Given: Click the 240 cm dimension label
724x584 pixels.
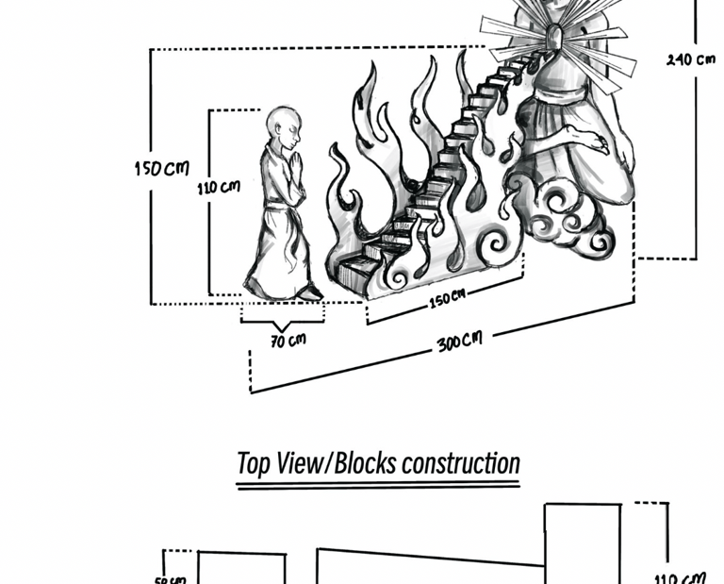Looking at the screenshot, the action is [x=690, y=59].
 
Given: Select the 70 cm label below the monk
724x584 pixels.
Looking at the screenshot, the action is [x=288, y=340].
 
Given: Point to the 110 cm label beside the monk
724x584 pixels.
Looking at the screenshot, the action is [x=218, y=187].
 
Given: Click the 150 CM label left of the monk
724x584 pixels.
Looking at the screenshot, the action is [x=160, y=169].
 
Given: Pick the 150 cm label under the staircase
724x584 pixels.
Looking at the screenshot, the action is [x=447, y=299].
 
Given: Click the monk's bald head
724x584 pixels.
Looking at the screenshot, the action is [x=281, y=122].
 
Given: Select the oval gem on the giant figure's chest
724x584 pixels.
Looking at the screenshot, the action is [x=557, y=38].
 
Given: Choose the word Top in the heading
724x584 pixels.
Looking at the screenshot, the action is [x=252, y=463].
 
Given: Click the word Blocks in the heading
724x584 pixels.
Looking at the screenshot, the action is [x=366, y=463].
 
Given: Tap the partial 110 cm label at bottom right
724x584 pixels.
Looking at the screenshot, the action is [x=680, y=576].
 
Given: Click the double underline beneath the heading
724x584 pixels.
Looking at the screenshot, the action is [x=377, y=486].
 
